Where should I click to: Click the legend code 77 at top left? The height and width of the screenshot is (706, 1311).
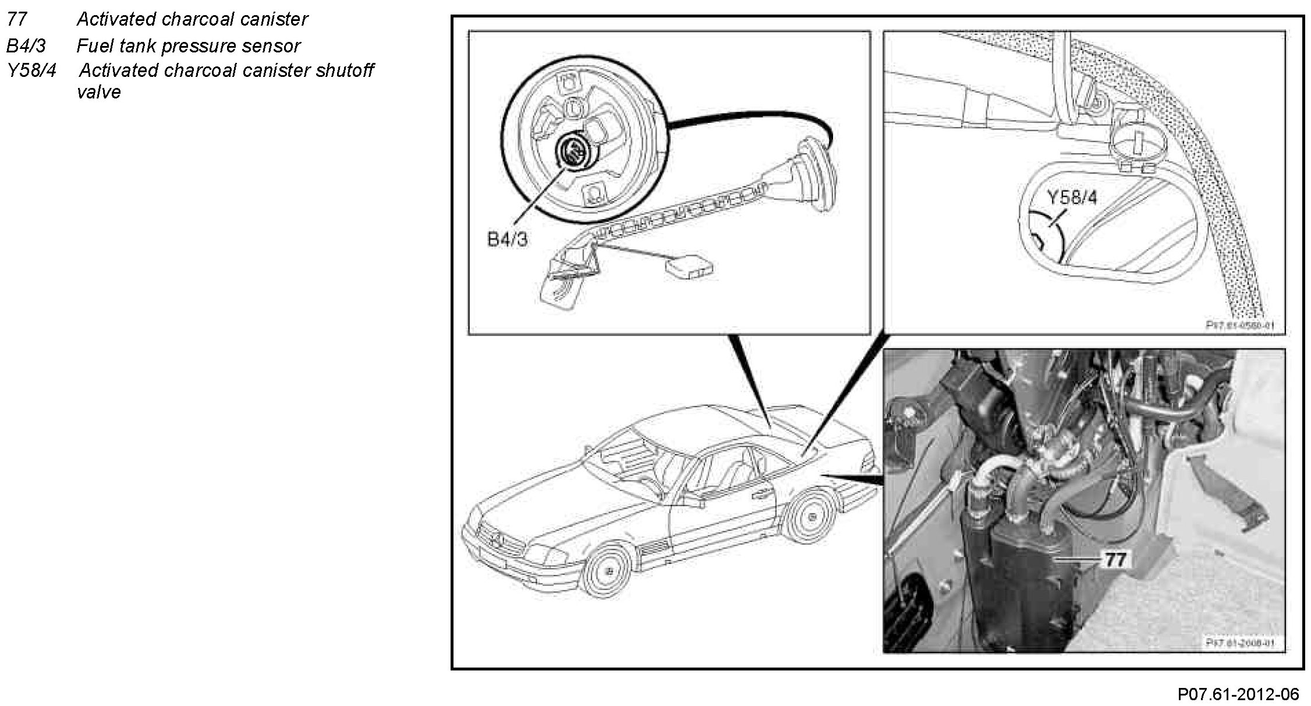pos(17,19)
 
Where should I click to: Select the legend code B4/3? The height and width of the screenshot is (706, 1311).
pos(26,45)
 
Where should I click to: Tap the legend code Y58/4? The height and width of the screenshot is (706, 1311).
pos(32,70)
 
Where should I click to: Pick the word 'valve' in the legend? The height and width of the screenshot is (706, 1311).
pos(98,92)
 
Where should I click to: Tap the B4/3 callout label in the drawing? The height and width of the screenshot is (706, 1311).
pos(507,239)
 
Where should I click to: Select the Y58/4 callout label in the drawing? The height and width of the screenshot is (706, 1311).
pos(1072,197)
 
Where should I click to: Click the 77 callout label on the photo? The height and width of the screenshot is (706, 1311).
pos(1115,560)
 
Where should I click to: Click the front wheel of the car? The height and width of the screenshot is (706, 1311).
pos(608,570)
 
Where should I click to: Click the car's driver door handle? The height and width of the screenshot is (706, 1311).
pos(760,495)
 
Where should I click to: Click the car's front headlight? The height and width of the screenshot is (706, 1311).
pos(543,552)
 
